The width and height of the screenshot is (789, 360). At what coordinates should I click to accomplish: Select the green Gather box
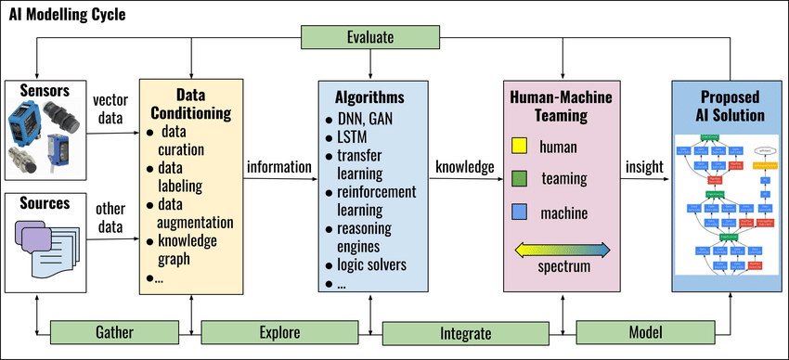click(x=114, y=331)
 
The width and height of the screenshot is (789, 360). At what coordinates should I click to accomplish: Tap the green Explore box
click(x=279, y=331)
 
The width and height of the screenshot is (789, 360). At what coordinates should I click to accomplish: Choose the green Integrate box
click(x=461, y=331)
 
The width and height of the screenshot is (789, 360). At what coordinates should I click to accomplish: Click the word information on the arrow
click(x=278, y=167)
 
